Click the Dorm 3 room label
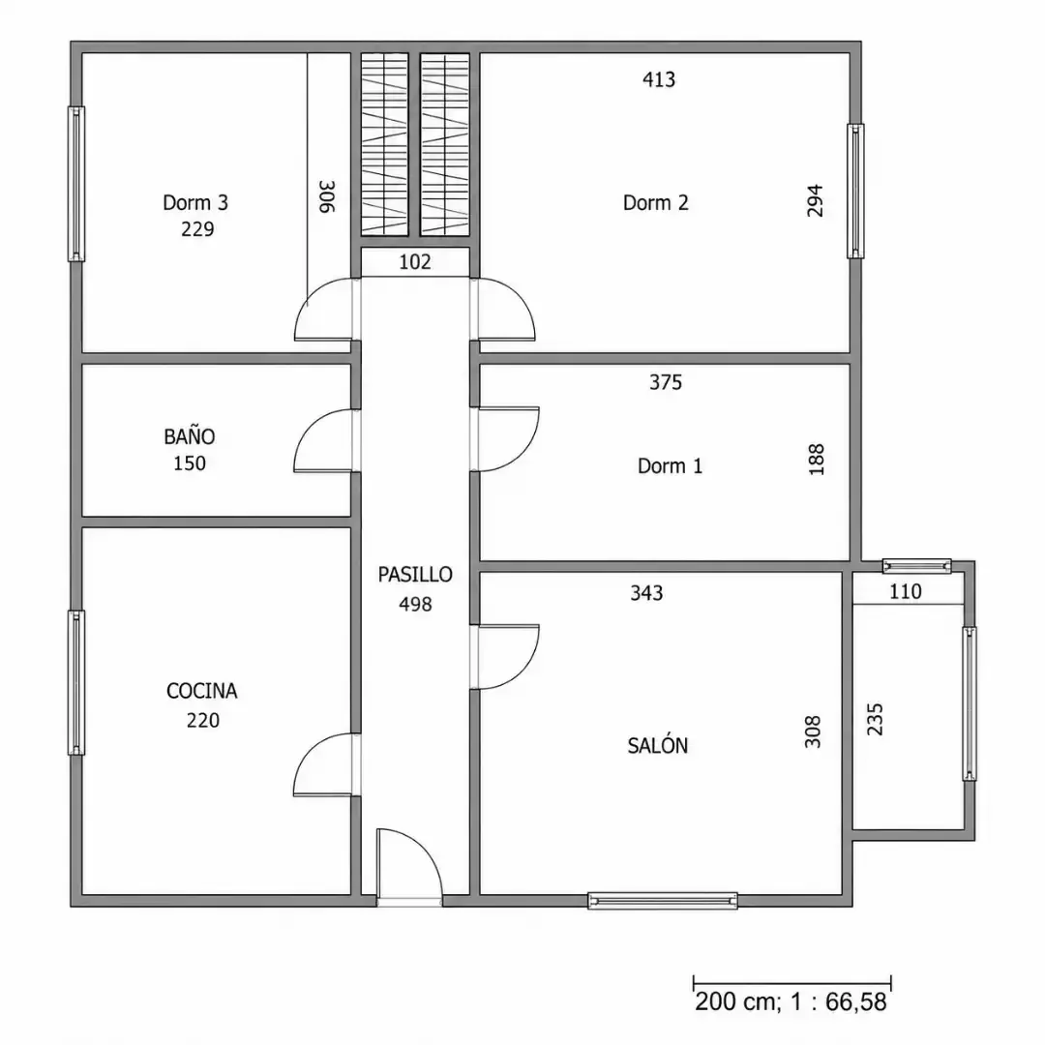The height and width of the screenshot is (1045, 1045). [x=195, y=202]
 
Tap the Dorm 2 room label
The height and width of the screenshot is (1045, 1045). [x=656, y=202]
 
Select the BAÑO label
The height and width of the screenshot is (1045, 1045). [x=190, y=436]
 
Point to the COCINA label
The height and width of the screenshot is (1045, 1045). [x=202, y=691]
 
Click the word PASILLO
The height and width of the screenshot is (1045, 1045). [x=415, y=575]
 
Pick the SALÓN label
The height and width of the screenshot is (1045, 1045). [x=658, y=744]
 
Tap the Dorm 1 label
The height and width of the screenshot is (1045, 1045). [x=670, y=465]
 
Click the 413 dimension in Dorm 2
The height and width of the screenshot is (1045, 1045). [x=659, y=79]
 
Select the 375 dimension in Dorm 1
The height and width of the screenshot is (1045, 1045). [x=666, y=382]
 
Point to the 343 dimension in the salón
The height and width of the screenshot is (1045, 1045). [x=646, y=592]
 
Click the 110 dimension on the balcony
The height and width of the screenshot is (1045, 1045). [x=905, y=591]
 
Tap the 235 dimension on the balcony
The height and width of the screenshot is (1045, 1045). [x=875, y=719]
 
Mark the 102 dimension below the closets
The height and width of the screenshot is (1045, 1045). [x=414, y=262]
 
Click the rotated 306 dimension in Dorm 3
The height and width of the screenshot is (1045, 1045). [x=327, y=196]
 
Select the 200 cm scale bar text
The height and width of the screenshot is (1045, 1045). [x=791, y=1001]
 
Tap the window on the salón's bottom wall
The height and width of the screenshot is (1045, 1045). [x=663, y=901]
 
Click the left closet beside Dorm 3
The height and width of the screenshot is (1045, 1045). [x=384, y=144]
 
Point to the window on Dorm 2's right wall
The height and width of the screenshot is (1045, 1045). [x=855, y=191]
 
